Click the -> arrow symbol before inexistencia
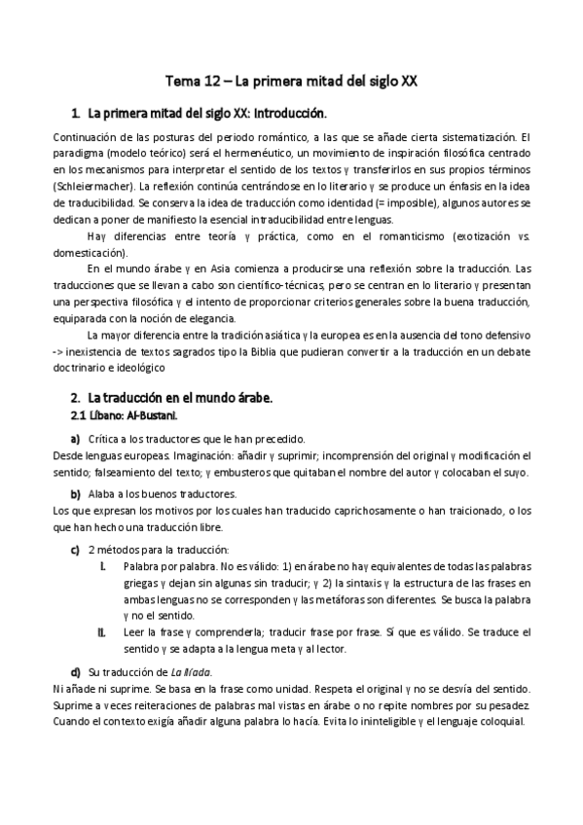pyautogui.click(x=60, y=353)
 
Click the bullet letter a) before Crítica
pyautogui.click(x=75, y=440)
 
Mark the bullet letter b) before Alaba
pyautogui.click(x=75, y=494)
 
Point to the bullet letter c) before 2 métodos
pyautogui.click(x=75, y=550)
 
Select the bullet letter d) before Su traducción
pyautogui.click(x=75, y=672)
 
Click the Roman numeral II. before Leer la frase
pyautogui.click(x=102, y=632)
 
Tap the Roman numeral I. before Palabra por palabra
pyautogui.click(x=104, y=565)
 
